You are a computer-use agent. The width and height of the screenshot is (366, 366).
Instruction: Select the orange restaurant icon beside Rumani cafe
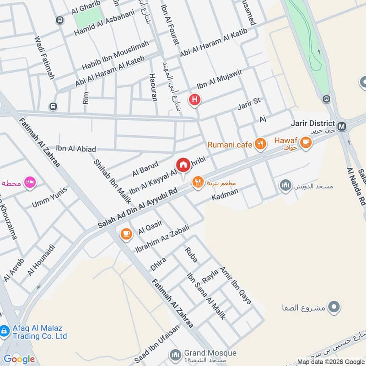260,145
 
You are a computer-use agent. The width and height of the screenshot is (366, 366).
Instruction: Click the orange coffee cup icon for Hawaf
306,144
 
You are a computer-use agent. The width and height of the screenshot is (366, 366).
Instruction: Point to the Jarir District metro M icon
341,125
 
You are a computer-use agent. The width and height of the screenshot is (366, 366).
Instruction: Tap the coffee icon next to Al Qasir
126,234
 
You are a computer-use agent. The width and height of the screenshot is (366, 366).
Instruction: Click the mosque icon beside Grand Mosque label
175,355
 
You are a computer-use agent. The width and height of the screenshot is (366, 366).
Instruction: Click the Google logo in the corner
20,359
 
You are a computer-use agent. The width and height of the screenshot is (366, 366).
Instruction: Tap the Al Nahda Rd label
356,188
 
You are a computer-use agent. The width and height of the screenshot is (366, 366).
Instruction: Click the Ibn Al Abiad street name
76,149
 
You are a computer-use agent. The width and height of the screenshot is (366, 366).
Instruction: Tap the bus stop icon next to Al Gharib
59,20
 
